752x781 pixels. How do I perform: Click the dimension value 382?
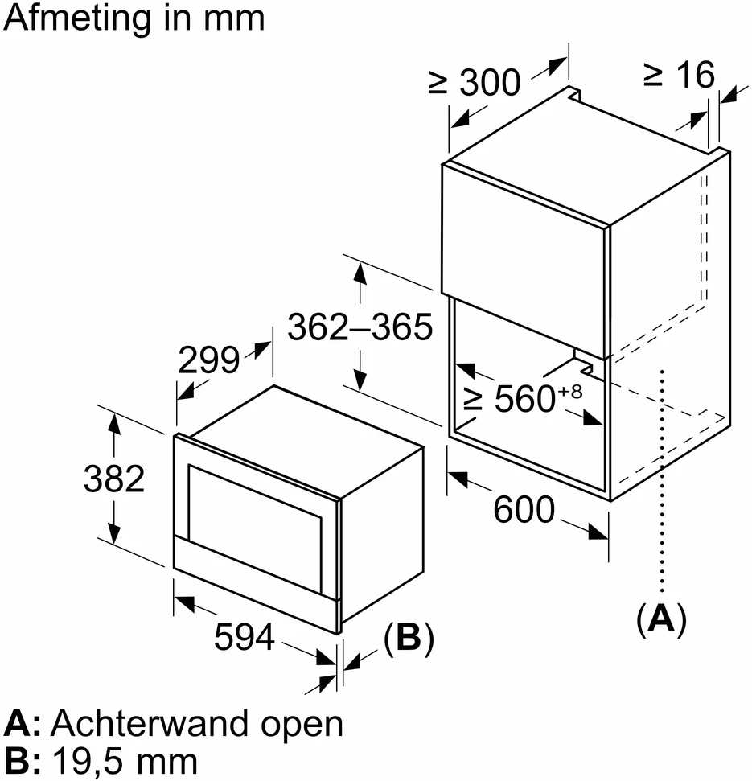click(x=114, y=479)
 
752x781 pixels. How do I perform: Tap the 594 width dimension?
click(x=244, y=636)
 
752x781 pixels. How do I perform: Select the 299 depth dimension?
click(x=208, y=360)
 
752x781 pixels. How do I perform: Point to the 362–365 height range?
click(x=360, y=327)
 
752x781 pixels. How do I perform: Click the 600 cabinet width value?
click(x=524, y=509)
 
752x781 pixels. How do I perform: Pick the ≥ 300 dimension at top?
click(x=474, y=82)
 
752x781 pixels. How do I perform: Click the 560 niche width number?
click(x=525, y=398)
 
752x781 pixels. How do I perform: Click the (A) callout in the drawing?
click(x=661, y=619)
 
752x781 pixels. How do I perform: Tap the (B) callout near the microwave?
click(x=409, y=638)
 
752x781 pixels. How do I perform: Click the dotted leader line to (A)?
click(x=662, y=481)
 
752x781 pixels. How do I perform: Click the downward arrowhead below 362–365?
click(x=360, y=380)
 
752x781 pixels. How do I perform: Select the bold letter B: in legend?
click(x=22, y=762)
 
